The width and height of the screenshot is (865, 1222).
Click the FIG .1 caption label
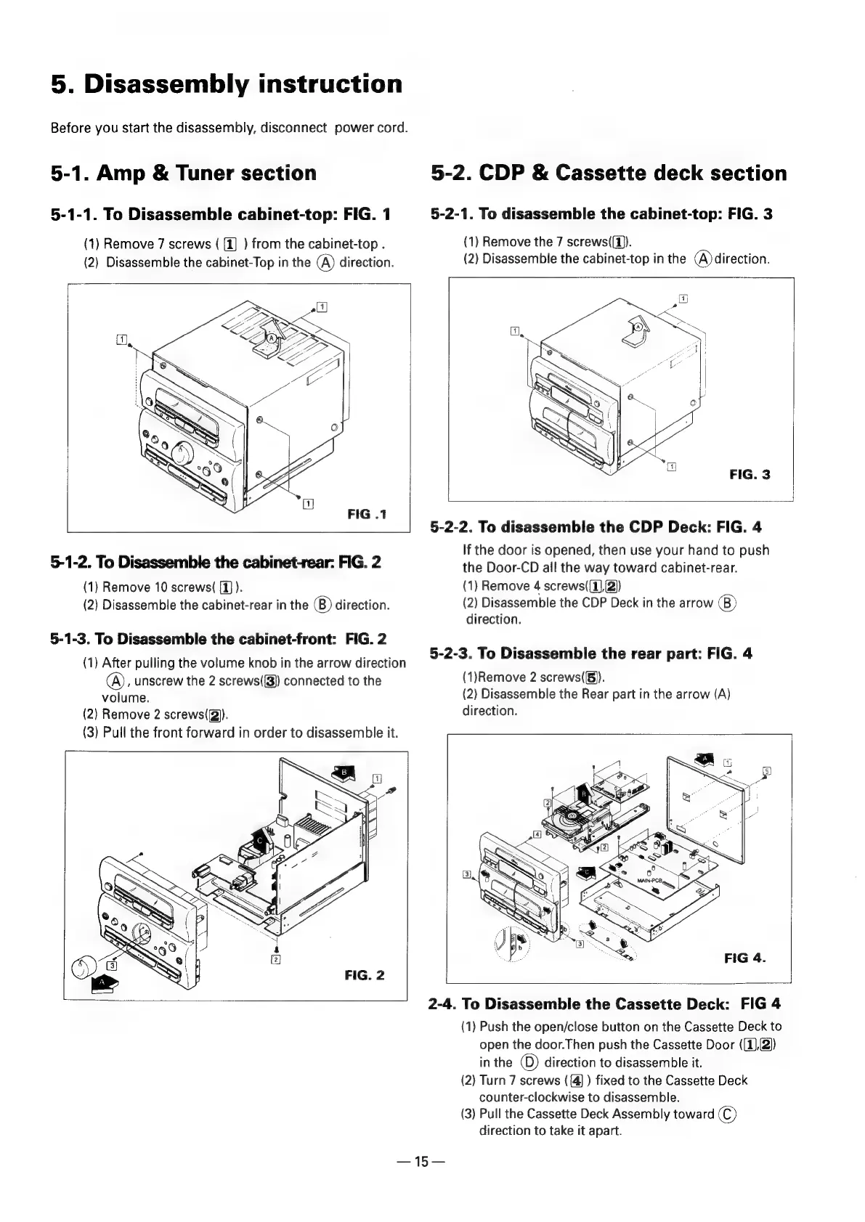[367, 514]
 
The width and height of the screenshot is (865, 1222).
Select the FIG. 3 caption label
[750, 475]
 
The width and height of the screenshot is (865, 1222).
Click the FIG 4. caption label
[746, 957]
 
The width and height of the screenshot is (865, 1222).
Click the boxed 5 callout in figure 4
[766, 771]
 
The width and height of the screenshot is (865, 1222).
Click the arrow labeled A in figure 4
[703, 759]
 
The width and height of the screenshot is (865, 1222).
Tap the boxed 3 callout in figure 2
[112, 965]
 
